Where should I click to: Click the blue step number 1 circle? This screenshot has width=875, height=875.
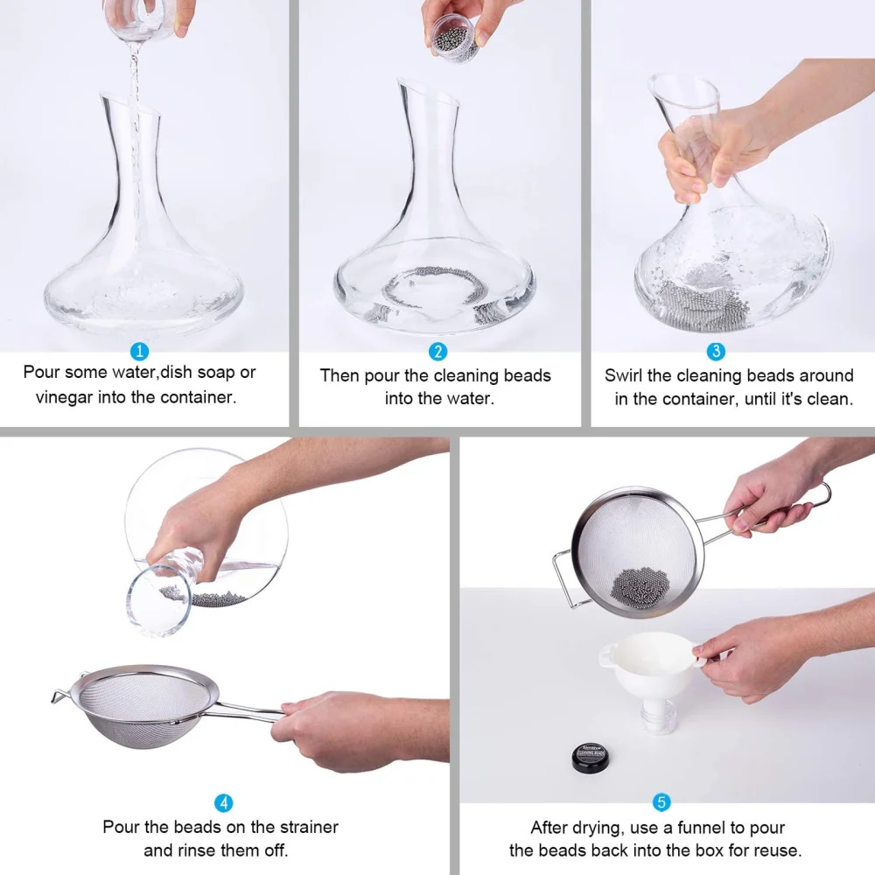139,352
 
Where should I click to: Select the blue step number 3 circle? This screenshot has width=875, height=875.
716,352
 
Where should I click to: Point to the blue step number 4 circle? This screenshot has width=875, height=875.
224,802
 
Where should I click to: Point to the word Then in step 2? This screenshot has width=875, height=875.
339,375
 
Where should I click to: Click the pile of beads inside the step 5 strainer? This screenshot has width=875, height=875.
637,583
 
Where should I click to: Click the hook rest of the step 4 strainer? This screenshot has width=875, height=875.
64,697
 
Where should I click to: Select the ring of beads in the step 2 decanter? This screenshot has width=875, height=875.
436,285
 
